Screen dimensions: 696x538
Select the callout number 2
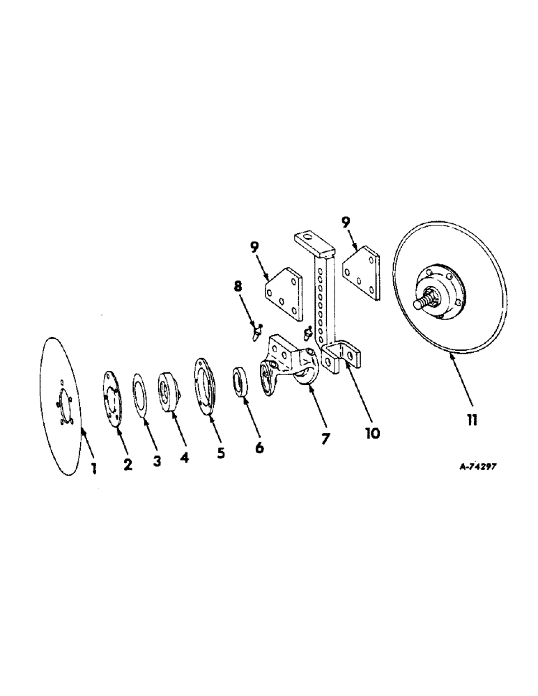128,465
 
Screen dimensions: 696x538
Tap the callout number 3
157,461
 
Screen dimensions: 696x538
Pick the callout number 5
220,453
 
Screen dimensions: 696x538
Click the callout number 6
259,448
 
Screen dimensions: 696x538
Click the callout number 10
371,433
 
